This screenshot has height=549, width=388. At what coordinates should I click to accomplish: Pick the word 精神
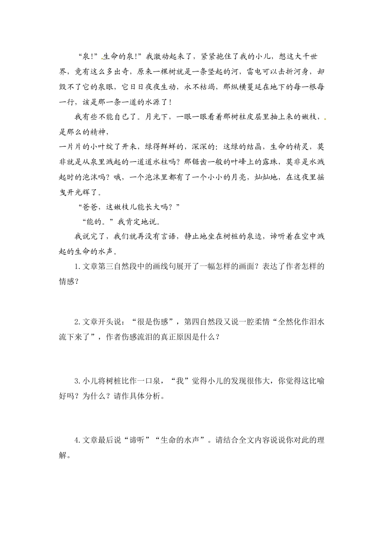click(101, 132)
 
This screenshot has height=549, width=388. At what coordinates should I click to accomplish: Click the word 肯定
click(132, 222)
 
